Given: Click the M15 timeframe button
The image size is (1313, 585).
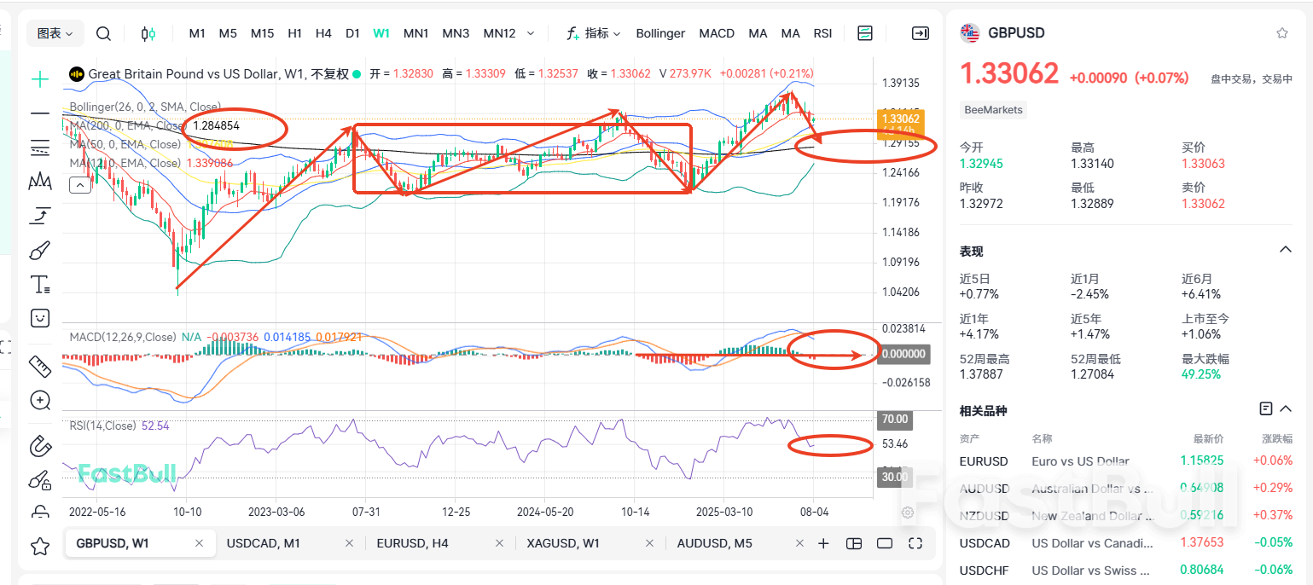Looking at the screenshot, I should tap(262, 33).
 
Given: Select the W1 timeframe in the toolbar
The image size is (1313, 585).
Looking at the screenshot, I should tap(381, 33).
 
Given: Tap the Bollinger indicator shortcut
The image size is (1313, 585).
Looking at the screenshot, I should tap(660, 33).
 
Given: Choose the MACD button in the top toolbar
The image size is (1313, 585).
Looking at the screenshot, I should tap(717, 33).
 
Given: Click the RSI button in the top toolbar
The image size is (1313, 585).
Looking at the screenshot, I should tap(822, 33).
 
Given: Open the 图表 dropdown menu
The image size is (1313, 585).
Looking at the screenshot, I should tap(55, 33).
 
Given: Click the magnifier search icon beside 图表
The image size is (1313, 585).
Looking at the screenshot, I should tap(103, 33).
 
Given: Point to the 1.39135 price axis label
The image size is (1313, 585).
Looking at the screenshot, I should tap(901, 84).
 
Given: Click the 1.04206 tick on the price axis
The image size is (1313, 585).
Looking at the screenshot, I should tap(901, 292).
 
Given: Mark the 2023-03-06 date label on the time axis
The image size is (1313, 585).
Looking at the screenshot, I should tap(276, 512).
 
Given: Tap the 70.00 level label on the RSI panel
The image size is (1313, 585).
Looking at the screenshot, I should tap(894, 420).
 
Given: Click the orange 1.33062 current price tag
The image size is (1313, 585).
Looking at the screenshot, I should tap(900, 119).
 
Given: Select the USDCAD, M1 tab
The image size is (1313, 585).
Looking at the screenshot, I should tap(263, 543).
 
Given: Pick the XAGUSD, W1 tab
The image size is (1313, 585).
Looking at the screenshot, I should tap(563, 543).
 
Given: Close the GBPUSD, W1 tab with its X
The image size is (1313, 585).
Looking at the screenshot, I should tap(200, 543).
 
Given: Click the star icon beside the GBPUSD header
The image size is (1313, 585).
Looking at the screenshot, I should tap(1281, 33).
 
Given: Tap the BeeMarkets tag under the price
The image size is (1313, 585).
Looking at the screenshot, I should tap(993, 110).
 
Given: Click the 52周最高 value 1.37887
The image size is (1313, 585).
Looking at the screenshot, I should tap(981, 374).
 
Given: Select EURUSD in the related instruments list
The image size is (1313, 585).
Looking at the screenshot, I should tap(984, 461).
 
